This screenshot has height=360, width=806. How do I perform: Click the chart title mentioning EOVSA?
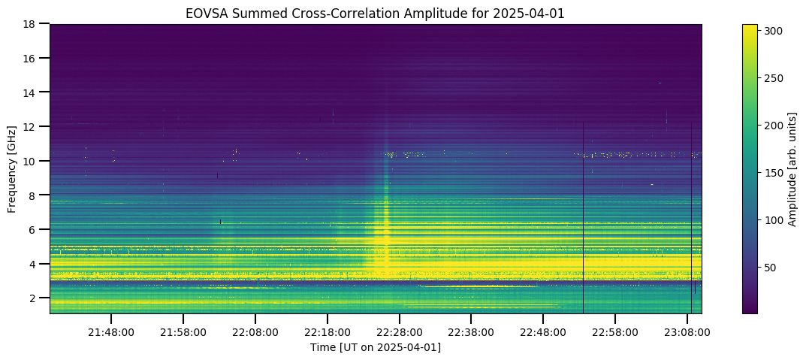[376, 14]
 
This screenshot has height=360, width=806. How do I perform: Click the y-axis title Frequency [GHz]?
[11, 168]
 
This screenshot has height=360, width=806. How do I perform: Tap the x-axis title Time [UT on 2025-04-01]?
[376, 348]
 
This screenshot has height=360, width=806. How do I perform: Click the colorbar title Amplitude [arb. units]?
[792, 168]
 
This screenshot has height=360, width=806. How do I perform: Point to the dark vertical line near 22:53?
[584, 218]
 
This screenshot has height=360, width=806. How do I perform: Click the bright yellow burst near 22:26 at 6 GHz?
[383, 231]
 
